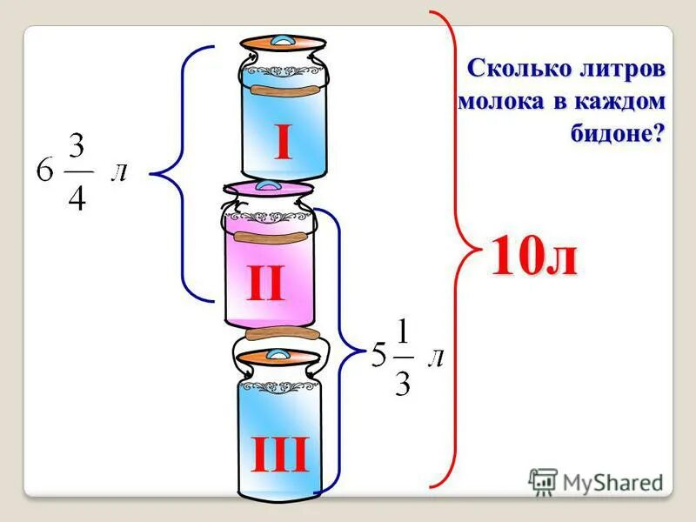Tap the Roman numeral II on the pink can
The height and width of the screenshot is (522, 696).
265,284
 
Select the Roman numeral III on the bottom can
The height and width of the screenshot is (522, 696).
280,455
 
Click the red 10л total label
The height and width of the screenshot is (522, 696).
534,258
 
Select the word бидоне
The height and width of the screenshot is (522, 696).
612,133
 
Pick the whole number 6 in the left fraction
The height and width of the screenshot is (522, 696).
44,171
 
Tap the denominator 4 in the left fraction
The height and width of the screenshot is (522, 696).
77,197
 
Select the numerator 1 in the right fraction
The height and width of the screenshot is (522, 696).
402,331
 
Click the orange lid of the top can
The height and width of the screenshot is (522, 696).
282,43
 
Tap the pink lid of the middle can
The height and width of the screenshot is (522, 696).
266,187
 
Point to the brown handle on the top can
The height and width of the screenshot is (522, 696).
282,90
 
